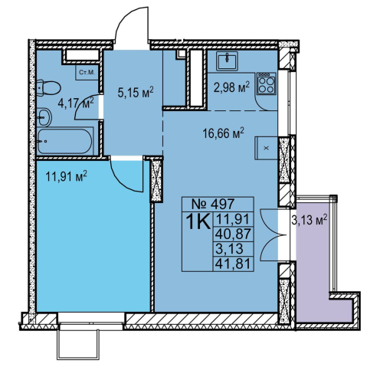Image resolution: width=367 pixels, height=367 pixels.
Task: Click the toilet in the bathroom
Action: pos(48,87)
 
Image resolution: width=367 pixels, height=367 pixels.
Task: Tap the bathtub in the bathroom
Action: pos(64,141)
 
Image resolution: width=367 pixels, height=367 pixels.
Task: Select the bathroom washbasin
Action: pos(44,117)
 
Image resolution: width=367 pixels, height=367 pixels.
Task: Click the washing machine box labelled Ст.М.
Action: pos(87,73)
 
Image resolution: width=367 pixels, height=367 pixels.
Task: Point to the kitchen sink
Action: pos(227,61)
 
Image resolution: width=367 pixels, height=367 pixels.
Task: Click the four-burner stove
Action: pos(267,84)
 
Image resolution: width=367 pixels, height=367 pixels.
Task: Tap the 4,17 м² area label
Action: pos(76,103)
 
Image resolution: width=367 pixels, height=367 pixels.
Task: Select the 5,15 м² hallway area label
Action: pos(136,92)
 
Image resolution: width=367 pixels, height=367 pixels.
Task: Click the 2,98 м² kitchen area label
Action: pos(231,87)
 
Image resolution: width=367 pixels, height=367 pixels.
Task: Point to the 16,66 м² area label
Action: pos(224,133)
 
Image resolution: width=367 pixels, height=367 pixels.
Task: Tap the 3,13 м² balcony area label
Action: pos(310,220)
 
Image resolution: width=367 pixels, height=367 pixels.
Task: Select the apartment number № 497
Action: pos(212,204)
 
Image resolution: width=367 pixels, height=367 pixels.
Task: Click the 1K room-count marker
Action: pos(198,221)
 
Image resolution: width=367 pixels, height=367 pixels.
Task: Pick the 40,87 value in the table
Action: pos(233,234)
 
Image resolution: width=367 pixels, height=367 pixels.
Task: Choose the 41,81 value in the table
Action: pos(233,264)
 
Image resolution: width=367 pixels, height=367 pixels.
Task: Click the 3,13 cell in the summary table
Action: pos(229,249)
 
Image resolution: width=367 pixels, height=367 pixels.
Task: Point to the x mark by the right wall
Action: pos(267,148)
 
